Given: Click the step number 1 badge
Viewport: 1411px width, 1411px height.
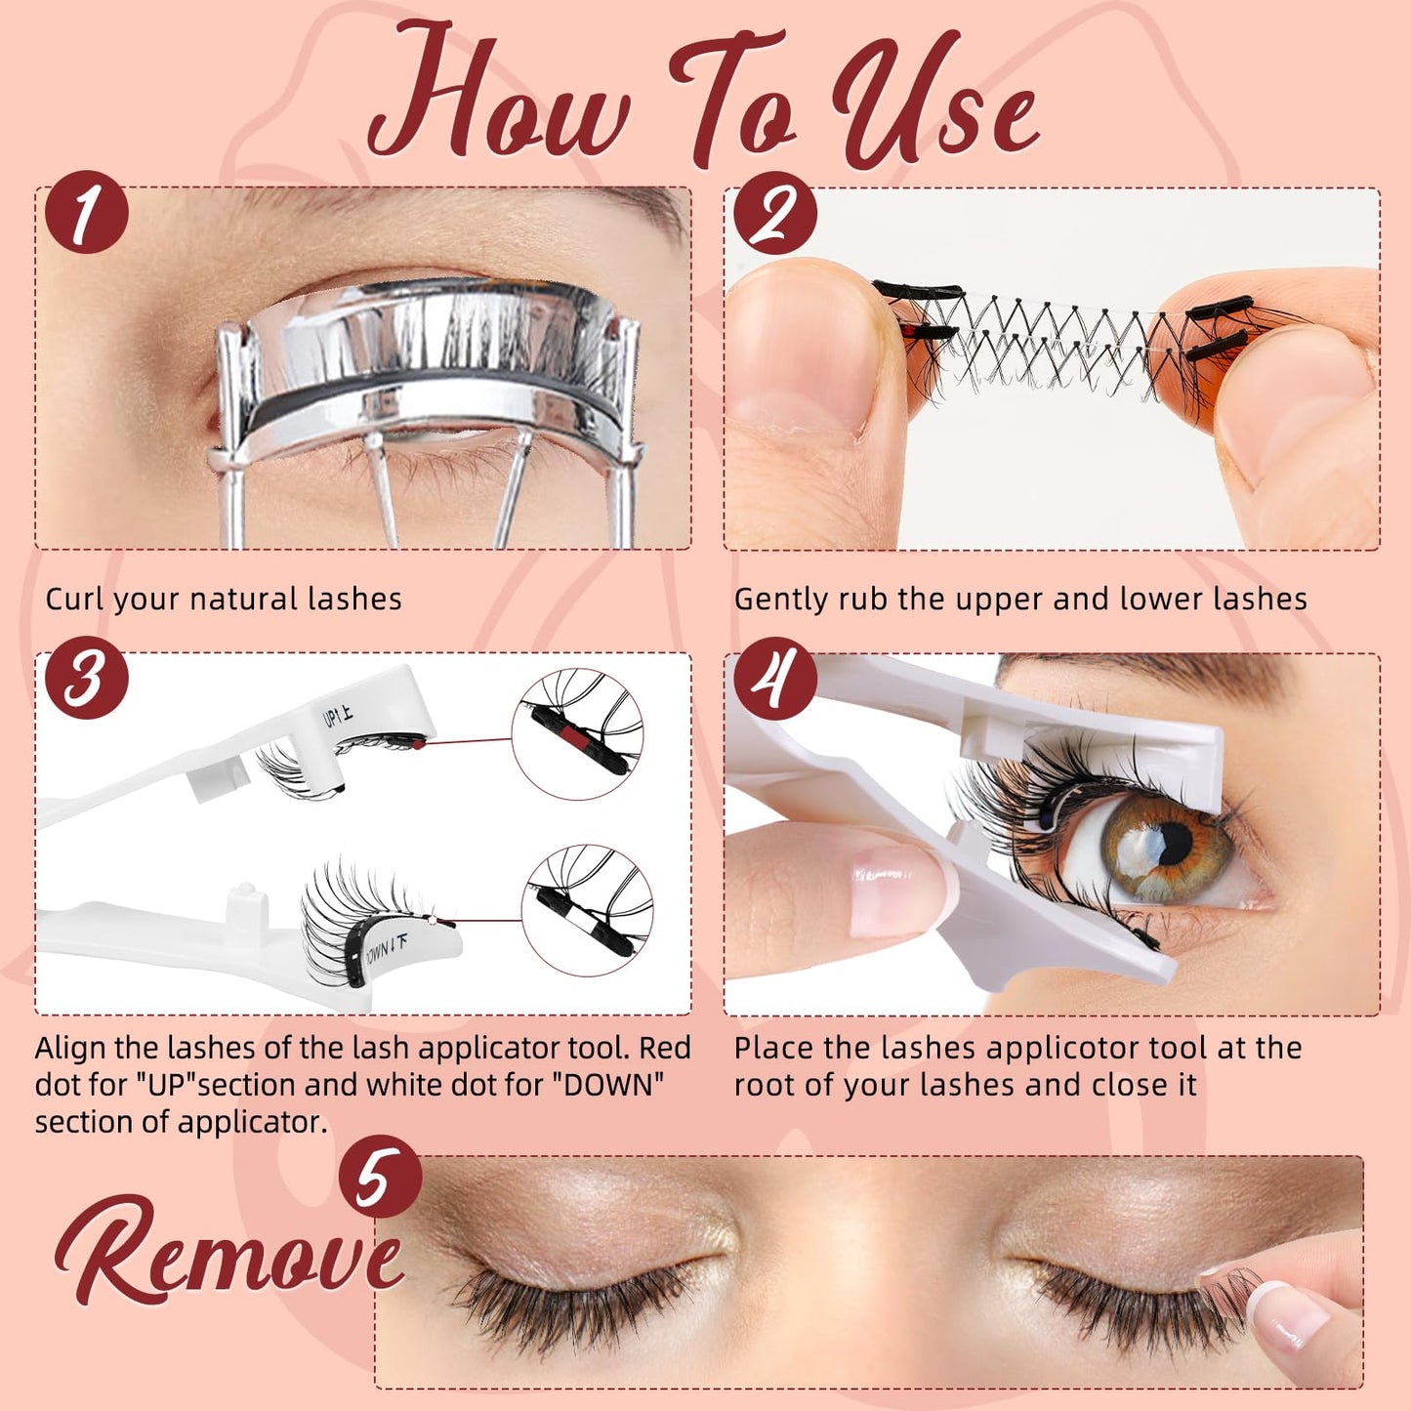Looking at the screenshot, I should (86, 213).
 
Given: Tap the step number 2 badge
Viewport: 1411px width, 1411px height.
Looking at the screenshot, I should (774, 213).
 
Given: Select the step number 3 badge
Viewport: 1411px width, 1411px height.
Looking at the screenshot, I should (86, 678).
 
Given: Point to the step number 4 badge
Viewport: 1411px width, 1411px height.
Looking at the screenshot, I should (774, 678).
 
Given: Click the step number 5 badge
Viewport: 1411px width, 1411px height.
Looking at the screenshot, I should (380, 1176).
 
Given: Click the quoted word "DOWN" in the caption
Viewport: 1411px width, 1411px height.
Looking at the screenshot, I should (615, 1085).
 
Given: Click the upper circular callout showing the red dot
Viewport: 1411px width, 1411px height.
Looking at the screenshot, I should (577, 734).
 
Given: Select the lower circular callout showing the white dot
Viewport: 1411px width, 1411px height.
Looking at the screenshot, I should (587, 910).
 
